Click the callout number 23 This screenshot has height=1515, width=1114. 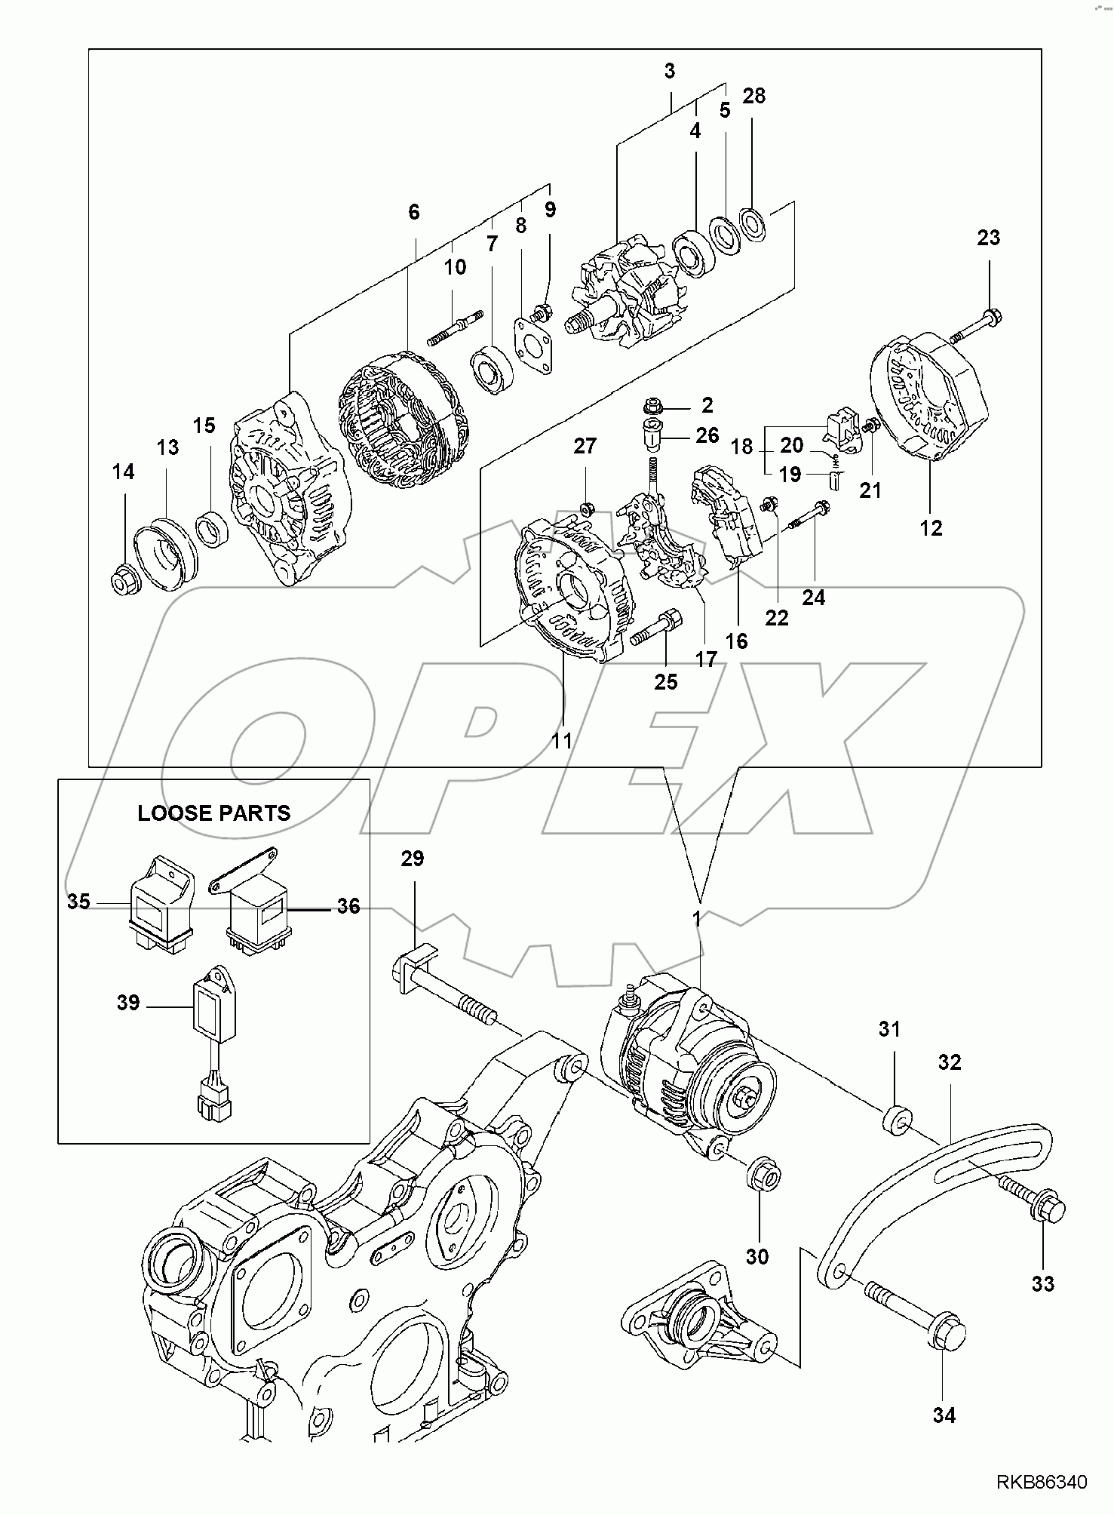pyautogui.click(x=988, y=238)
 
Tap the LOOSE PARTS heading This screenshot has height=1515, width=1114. pyautogui.click(x=213, y=813)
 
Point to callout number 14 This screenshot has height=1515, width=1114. pyautogui.click(x=123, y=472)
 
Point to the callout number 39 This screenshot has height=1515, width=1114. pyautogui.click(x=128, y=1003)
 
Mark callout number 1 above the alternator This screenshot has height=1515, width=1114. pyautogui.click(x=698, y=920)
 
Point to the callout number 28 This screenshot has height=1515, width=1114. pyautogui.click(x=753, y=96)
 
